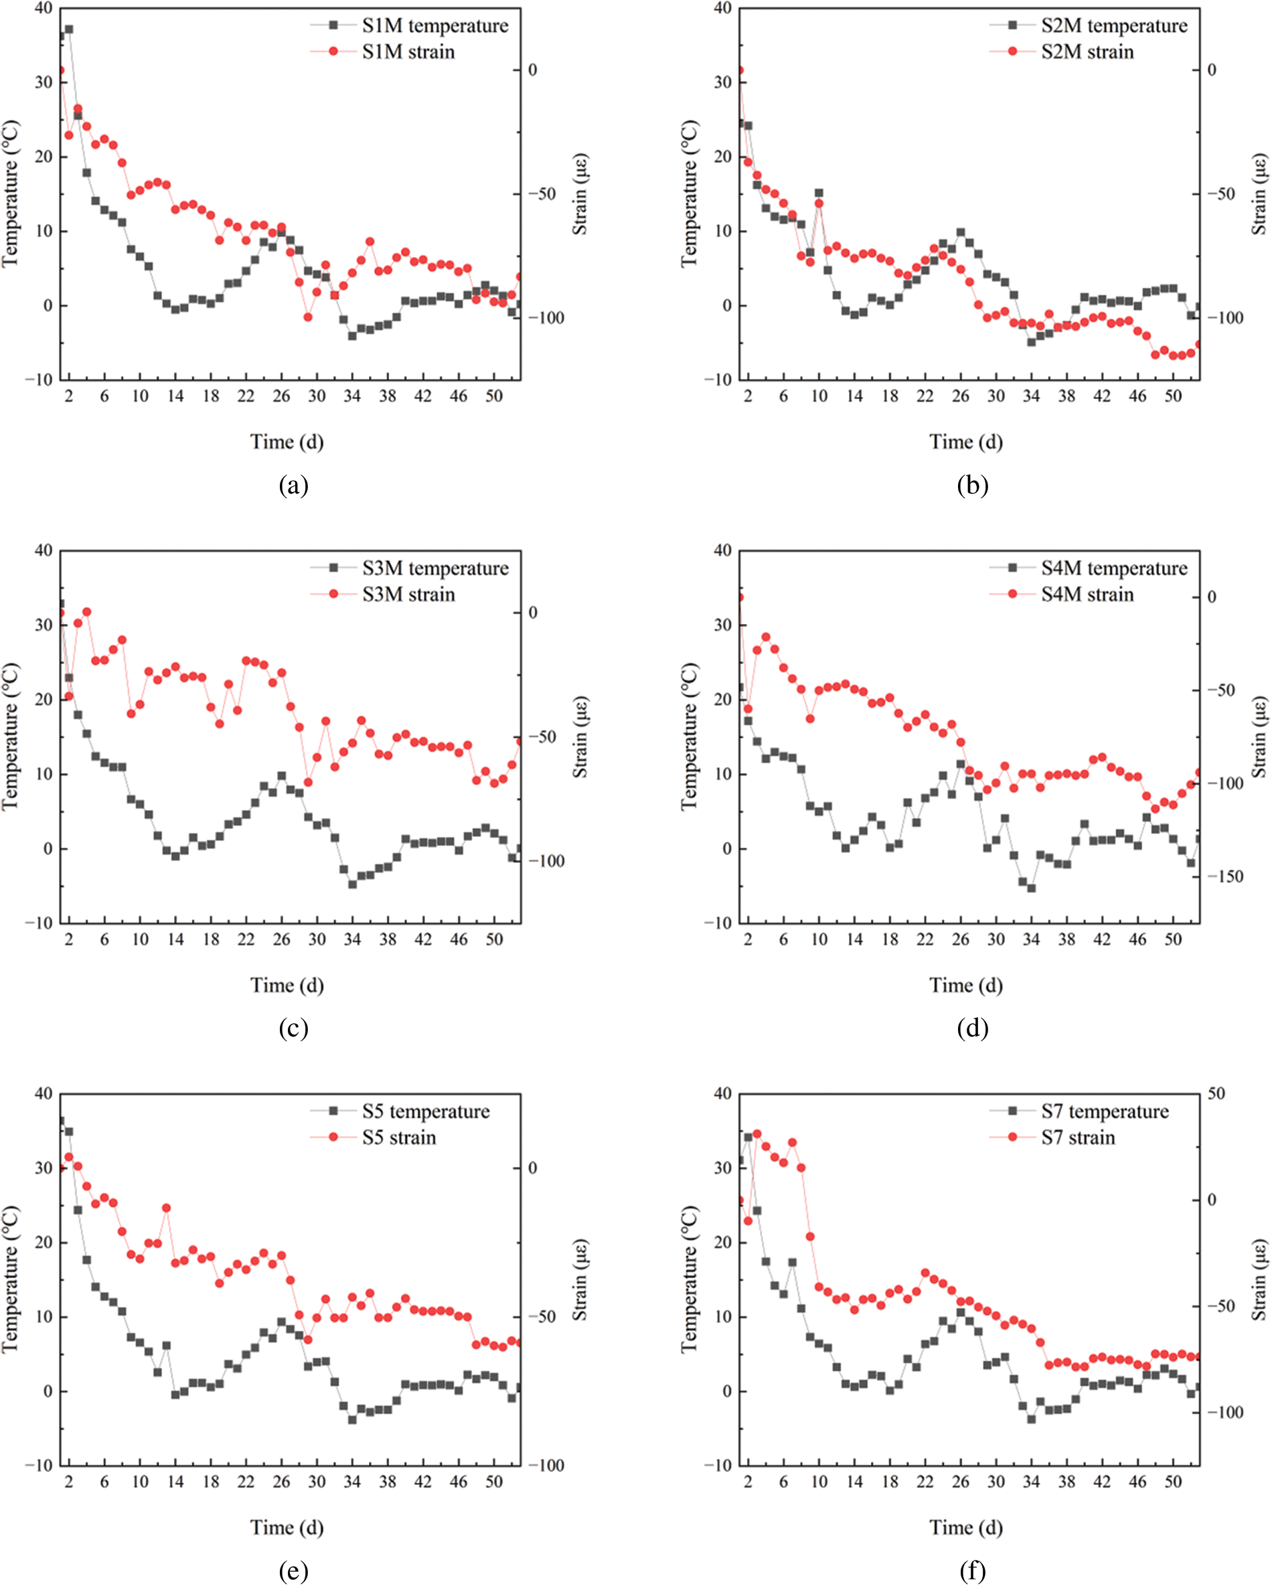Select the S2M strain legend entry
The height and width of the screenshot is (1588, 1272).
coord(1087,52)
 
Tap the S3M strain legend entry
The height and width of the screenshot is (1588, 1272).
coord(408,594)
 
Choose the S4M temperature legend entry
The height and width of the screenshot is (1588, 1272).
coord(1113,568)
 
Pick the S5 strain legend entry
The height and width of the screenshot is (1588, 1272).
coord(398,1138)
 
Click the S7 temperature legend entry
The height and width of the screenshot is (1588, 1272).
coord(1104,1111)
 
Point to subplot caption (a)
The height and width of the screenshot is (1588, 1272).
coord(293,486)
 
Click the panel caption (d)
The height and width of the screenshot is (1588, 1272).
coord(972,1028)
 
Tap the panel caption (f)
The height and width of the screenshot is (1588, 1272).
coord(972,1571)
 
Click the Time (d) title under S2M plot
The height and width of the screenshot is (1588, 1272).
coord(965,442)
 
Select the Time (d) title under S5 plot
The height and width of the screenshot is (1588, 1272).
coord(287,1528)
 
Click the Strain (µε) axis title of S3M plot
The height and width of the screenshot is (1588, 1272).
coord(580,736)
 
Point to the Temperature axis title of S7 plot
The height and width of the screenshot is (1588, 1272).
coord(689,1279)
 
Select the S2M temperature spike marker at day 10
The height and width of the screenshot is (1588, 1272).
coord(819,193)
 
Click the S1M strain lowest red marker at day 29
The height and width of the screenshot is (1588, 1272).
coord(308,317)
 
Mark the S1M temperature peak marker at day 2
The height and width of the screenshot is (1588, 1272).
coord(69,29)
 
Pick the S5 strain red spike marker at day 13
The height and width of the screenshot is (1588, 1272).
coord(167,1208)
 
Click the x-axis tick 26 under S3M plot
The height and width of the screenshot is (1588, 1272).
coord(281,940)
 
